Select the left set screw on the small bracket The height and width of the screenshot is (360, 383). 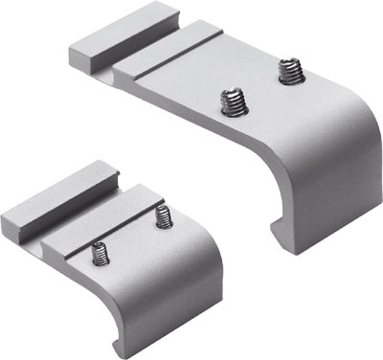(99, 255)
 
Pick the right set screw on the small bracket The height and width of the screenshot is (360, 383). (163, 217)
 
